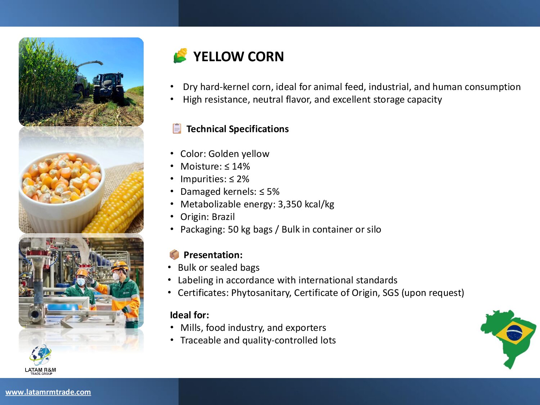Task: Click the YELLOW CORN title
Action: (x=238, y=57)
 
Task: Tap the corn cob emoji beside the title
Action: (x=180, y=55)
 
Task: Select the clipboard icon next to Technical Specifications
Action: (x=177, y=129)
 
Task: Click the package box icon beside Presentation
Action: (x=174, y=255)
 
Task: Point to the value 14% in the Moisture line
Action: (x=241, y=166)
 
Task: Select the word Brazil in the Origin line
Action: (x=223, y=217)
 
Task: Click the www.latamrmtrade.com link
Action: (x=48, y=392)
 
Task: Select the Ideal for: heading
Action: (x=189, y=315)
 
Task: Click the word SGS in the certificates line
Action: (x=391, y=293)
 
